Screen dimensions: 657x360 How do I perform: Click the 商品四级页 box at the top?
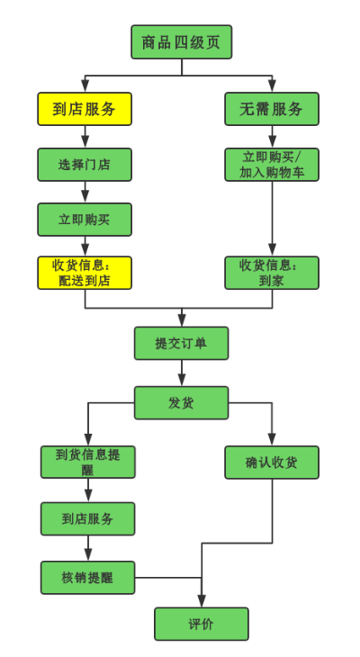pyautogui.click(x=181, y=42)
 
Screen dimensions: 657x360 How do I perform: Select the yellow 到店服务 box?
pyautogui.click(x=85, y=109)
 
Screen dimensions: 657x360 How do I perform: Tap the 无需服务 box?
pyautogui.click(x=271, y=109)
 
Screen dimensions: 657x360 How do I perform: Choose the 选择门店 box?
pyautogui.click(x=85, y=165)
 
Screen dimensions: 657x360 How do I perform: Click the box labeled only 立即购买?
pyautogui.click(x=85, y=220)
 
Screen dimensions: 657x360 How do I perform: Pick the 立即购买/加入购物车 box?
pyautogui.click(x=271, y=165)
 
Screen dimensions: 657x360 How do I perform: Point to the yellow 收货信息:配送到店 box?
pyautogui.click(x=85, y=273)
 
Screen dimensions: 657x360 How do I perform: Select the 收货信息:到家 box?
pyautogui.click(x=271, y=273)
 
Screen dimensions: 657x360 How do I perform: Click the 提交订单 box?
pyautogui.click(x=181, y=343)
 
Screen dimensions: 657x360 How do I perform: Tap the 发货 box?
pyautogui.click(x=181, y=402)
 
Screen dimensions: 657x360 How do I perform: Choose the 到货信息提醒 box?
pyautogui.click(x=87, y=462)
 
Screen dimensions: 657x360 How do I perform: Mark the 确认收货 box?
pyautogui.click(x=271, y=462)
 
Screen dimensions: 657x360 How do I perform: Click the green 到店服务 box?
pyautogui.click(x=87, y=518)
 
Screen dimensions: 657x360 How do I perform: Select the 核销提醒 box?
pyautogui.click(x=87, y=577)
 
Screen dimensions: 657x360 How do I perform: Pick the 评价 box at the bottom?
pyautogui.click(x=201, y=624)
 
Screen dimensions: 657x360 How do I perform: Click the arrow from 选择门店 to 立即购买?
pyautogui.click(x=85, y=192)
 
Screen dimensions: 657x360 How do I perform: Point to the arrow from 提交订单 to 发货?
pyautogui.click(x=181, y=373)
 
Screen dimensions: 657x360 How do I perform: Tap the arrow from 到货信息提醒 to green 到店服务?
pyautogui.click(x=87, y=490)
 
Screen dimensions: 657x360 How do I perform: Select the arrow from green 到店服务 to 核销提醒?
pyautogui.click(x=87, y=548)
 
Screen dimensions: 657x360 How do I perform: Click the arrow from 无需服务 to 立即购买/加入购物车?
pyautogui.click(x=271, y=137)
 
